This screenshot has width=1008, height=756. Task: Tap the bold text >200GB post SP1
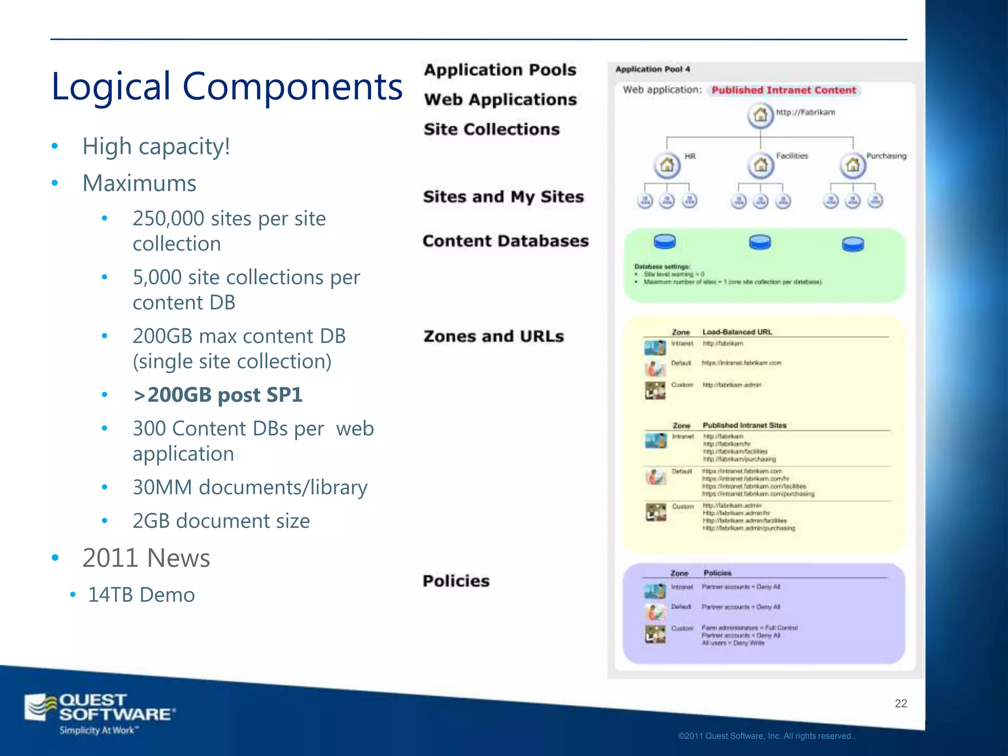[x=218, y=395]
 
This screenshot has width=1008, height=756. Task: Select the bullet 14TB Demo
[x=141, y=595]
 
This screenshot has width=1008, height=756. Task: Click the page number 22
[x=901, y=703]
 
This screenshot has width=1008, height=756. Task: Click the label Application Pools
[x=500, y=70]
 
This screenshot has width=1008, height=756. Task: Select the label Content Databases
[x=505, y=241]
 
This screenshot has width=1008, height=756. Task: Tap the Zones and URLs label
[x=494, y=337]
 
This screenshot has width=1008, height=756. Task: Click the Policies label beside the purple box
[x=456, y=581]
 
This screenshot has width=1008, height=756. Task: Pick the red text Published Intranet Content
[x=784, y=91]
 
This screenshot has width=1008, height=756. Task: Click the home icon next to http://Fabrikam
[x=760, y=115]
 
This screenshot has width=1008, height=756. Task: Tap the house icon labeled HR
[x=667, y=164]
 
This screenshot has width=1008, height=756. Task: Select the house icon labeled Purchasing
[x=852, y=165]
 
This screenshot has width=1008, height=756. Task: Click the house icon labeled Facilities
[x=760, y=164]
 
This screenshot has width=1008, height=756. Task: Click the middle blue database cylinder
[x=760, y=243]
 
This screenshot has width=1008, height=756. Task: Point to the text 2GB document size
[x=221, y=521]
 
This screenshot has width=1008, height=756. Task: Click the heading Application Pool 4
[x=653, y=69]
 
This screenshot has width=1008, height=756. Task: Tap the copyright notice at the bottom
[x=766, y=736]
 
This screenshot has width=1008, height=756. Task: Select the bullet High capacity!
[x=156, y=147]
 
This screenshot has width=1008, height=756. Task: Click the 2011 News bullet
[x=146, y=558]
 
